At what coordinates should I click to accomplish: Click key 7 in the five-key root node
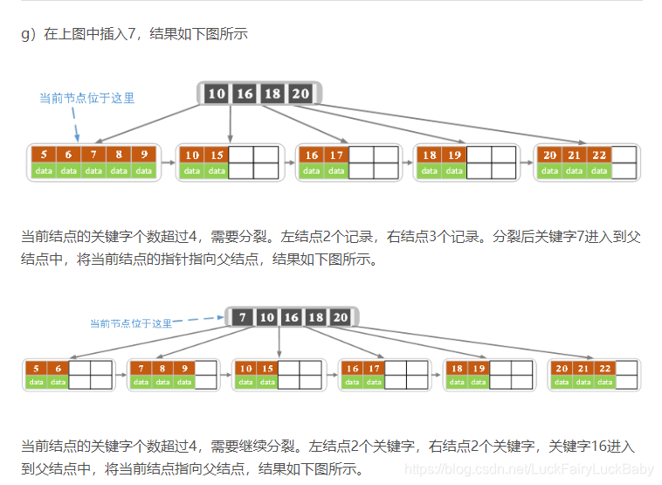coord(243,317)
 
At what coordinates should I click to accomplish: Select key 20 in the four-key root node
coord(300,94)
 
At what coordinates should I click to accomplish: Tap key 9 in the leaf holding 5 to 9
coord(144,155)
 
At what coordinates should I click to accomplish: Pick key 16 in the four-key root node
coord(245,94)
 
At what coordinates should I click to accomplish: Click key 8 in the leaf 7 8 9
coord(162,369)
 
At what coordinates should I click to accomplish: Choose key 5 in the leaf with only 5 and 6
coord(36,369)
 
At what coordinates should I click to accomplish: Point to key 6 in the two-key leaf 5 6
coord(58,369)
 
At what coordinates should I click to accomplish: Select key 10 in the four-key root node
coord(217,94)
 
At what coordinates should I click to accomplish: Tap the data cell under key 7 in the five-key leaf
coord(93,170)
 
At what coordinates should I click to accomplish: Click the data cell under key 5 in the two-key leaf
coord(36,382)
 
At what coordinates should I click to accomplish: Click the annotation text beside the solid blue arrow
coord(86,99)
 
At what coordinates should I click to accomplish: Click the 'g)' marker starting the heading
coord(27,34)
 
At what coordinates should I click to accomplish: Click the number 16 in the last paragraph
coord(571,447)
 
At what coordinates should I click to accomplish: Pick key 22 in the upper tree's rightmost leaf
coord(599,155)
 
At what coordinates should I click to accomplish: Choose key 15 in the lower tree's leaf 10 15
coord(267,369)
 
